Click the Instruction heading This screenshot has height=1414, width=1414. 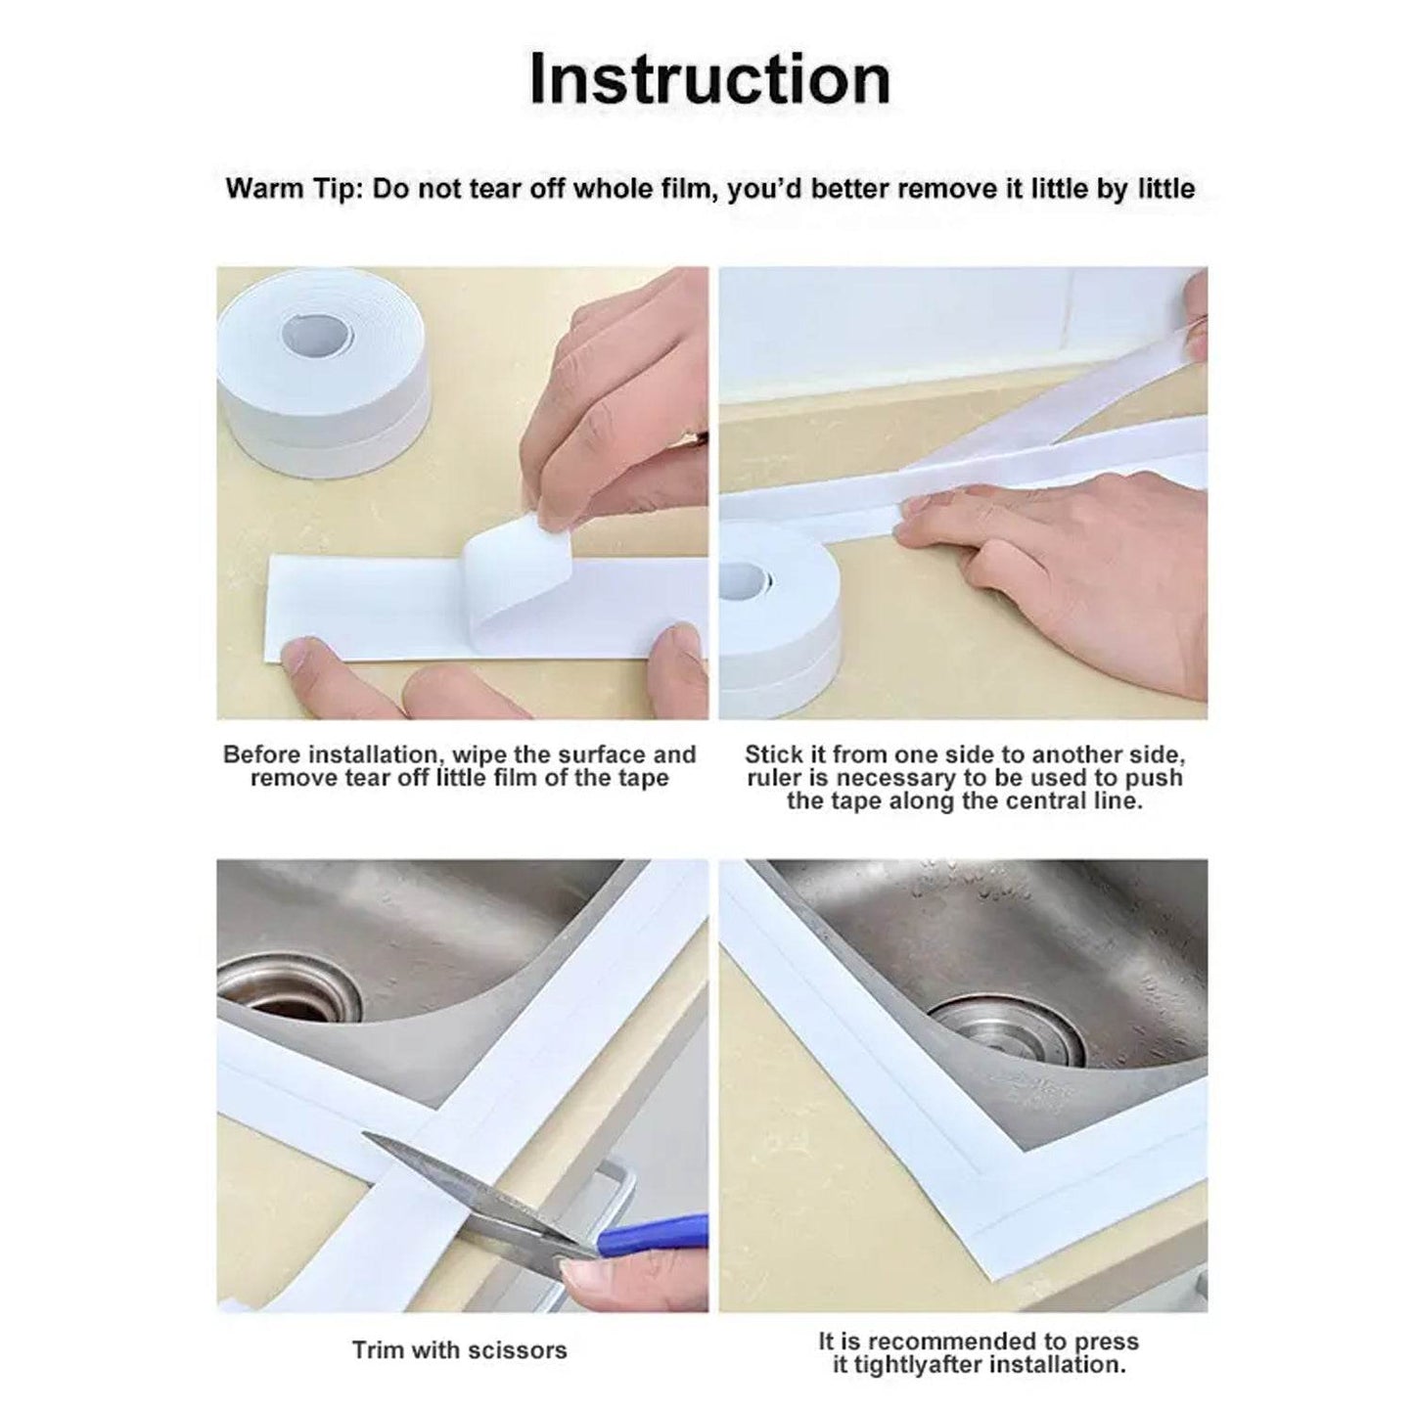pos(709,80)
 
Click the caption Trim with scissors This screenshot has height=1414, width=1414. pos(459,1350)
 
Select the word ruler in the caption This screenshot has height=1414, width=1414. pos(780,778)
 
